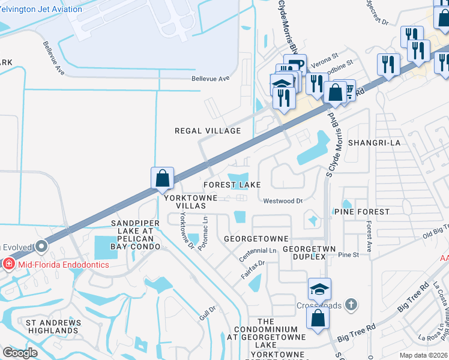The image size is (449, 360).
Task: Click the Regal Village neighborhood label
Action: [207, 131]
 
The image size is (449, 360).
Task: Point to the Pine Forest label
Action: [361, 212]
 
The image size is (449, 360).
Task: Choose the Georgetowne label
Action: [256, 238]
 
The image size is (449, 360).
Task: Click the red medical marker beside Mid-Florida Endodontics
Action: [9, 264]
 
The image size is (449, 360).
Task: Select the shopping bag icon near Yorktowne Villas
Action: [162, 178]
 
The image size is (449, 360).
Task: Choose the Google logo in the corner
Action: [20, 353]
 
